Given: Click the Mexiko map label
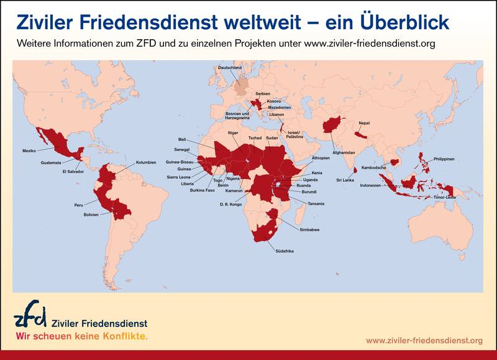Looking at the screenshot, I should tap(29, 150).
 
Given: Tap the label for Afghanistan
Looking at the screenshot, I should tap(344, 152).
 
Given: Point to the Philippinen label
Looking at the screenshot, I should tap(444, 159).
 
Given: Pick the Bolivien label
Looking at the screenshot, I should tap(91, 215).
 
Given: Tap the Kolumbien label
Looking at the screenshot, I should tap(145, 162).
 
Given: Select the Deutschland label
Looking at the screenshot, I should tap(229, 67).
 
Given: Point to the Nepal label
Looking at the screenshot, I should tap(364, 123).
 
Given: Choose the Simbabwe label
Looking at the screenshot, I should tap(309, 230).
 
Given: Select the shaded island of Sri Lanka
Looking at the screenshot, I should tap(355, 168).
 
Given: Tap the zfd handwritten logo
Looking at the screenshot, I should tap(30, 316).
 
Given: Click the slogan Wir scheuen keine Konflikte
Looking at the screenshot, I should tap(81, 336).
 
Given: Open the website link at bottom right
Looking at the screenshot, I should tap(424, 340).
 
